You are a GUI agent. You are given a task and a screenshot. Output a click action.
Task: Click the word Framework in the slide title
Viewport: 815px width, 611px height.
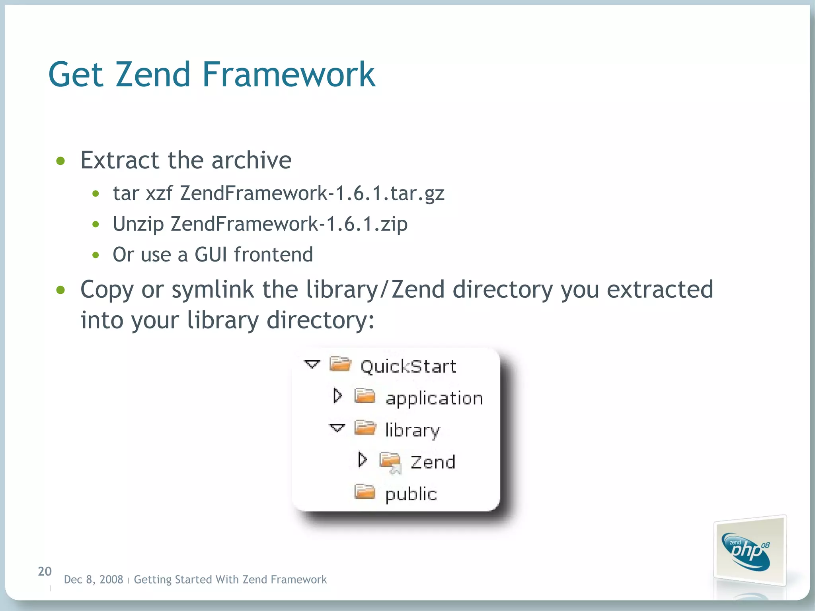(289, 74)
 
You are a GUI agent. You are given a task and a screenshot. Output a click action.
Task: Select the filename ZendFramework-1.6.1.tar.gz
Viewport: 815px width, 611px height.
(312, 193)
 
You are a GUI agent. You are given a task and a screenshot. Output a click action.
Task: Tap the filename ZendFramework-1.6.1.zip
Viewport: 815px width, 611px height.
(289, 224)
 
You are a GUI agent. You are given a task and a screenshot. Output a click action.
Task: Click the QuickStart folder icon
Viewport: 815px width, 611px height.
(340, 364)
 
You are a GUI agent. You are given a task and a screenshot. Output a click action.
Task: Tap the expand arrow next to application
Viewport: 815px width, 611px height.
(337, 396)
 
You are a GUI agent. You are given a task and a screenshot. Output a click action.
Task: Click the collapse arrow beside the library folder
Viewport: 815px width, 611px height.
(337, 428)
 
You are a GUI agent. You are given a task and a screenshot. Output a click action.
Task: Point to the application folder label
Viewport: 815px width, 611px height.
(434, 398)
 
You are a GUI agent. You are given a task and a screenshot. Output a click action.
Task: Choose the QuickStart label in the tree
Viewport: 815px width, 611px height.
(408, 366)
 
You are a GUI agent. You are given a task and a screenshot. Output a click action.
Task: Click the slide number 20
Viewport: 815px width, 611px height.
(45, 572)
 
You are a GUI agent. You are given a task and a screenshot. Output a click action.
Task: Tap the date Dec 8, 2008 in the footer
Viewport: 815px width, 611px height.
(94, 580)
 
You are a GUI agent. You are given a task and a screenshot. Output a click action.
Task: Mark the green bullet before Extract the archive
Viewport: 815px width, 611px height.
(60, 161)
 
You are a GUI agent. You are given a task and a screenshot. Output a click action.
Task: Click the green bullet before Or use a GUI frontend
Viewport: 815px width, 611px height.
(96, 255)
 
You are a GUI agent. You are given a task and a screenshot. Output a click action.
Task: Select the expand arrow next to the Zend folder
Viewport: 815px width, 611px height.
(362, 460)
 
